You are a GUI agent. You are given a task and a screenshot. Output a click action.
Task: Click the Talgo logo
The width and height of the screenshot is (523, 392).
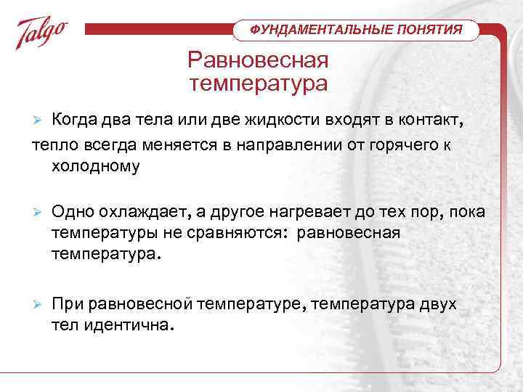click(x=43, y=33)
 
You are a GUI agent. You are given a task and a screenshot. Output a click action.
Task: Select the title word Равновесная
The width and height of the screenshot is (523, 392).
click(x=258, y=60)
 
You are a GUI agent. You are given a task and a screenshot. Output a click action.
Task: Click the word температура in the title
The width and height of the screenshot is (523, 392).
click(x=258, y=84)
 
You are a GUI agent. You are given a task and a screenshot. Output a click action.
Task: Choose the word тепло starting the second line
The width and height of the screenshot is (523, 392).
click(x=53, y=144)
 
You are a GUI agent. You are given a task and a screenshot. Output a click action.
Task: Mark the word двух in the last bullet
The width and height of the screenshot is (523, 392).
click(x=438, y=304)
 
